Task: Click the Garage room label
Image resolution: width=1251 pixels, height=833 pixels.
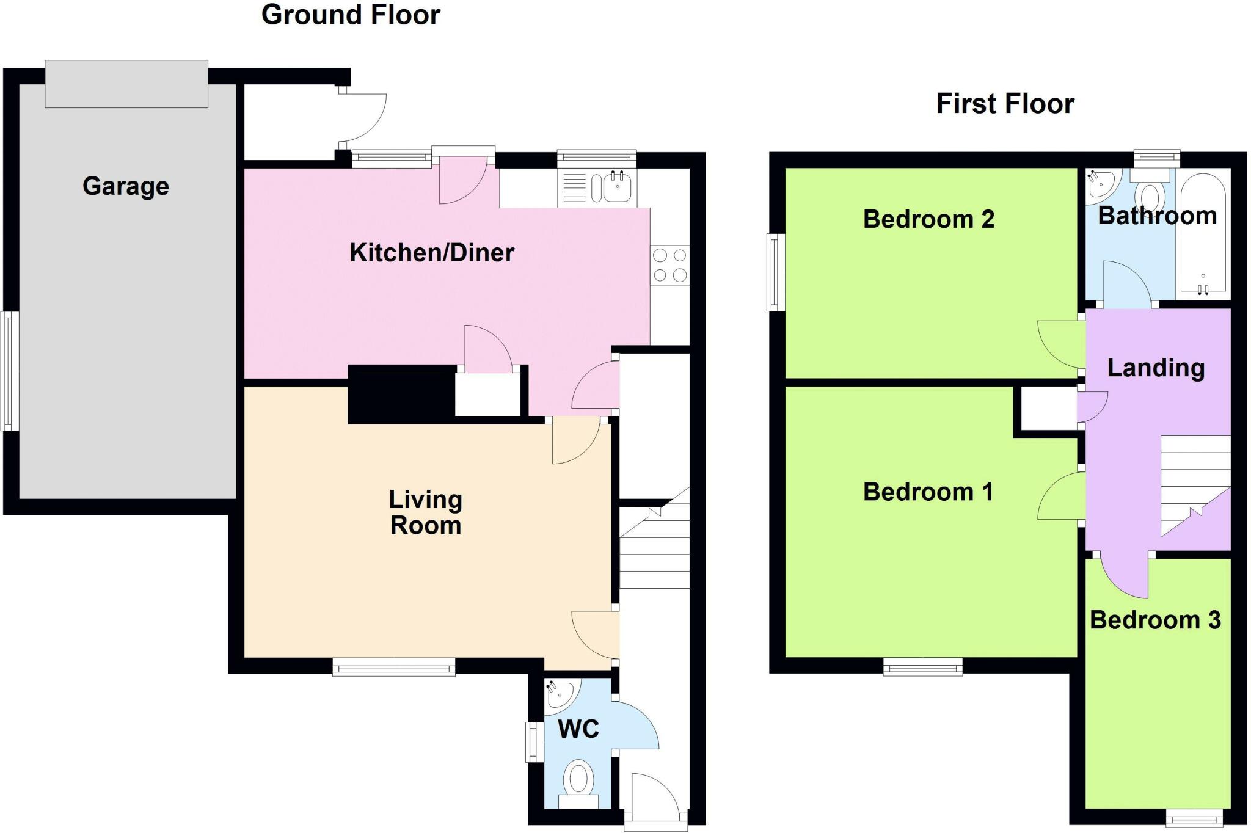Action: point(126,186)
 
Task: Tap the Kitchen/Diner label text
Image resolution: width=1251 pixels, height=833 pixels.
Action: point(431,252)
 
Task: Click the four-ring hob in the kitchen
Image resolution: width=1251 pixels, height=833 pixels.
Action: point(669,265)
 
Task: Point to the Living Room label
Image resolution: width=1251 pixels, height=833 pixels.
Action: point(426,512)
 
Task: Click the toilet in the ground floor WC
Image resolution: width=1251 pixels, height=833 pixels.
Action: point(578,782)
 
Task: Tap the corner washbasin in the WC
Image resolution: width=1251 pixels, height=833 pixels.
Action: point(559,694)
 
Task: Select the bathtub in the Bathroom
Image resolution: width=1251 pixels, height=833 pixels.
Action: point(1202,235)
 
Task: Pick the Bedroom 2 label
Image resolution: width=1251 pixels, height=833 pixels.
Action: point(928,219)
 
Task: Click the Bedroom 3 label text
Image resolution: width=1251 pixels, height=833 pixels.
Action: point(1155,620)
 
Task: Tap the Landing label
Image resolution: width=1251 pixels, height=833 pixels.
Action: point(1156,368)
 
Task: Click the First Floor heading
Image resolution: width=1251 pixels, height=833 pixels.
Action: point(1005,103)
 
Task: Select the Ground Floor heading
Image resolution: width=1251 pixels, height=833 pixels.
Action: point(351,15)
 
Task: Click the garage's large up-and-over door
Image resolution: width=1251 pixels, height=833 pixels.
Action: point(126,84)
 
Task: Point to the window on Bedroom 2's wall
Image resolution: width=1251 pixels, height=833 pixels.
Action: point(776,272)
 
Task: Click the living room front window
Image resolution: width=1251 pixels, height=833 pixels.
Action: point(394,667)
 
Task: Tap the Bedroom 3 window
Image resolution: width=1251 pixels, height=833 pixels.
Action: point(1194,817)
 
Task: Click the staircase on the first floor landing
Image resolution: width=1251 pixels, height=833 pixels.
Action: point(1194,482)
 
